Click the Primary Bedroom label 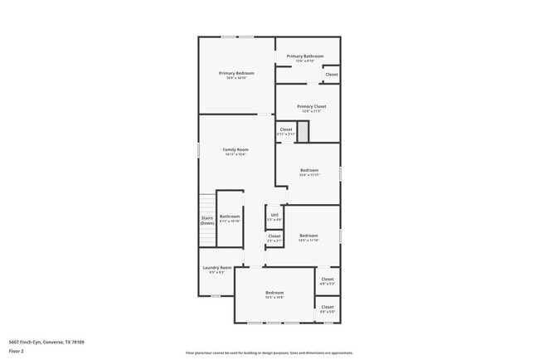(x=236, y=73)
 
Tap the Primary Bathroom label (x=305, y=56)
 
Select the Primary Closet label (x=311, y=106)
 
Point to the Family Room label (x=236, y=149)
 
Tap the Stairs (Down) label (x=207, y=221)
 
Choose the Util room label (x=274, y=216)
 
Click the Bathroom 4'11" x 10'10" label (x=230, y=218)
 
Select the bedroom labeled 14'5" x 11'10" (x=308, y=236)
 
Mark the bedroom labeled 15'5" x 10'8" (x=274, y=293)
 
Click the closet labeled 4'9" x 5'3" (x=328, y=280)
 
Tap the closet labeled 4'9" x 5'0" (x=328, y=307)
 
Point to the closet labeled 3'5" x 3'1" (x=274, y=237)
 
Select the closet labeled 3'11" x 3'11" (x=285, y=130)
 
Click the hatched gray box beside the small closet (x=303, y=130)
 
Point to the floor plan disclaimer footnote (x=269, y=353)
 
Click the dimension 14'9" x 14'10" (x=236, y=78)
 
